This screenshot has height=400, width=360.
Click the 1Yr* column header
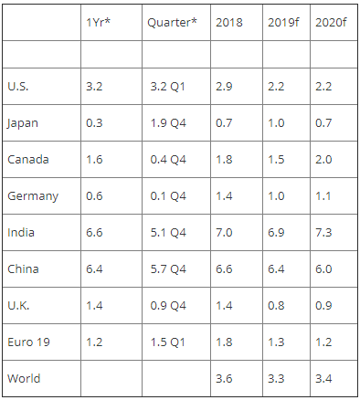[98, 22]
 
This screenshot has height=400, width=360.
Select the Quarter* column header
[172, 23]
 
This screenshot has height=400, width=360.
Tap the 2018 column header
[229, 22]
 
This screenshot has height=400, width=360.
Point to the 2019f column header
[283, 22]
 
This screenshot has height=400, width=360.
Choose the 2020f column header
[331, 22]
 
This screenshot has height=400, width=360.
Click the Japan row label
[23, 123]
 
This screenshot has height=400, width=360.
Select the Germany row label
[33, 196]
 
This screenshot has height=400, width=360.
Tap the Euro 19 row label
[28, 342]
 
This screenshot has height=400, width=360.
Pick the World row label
[24, 378]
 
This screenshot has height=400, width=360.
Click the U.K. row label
[18, 305]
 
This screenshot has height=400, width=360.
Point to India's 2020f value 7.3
[323, 232]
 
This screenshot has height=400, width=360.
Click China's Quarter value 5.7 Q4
[168, 269]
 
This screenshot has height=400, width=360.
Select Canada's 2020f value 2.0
[323, 159]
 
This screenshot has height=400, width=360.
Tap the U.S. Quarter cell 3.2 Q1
[168, 87]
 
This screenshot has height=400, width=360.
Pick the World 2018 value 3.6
[224, 378]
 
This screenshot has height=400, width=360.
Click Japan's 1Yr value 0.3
[94, 122]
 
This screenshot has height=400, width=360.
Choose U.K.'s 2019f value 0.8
[276, 305]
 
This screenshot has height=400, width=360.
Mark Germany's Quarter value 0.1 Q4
[168, 196]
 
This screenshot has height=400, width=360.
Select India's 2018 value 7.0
[224, 232]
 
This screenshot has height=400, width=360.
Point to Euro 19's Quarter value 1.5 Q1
[168, 342]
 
